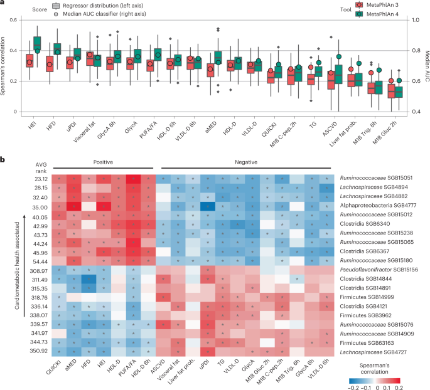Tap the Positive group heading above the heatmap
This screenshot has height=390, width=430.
(x=103, y=162)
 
